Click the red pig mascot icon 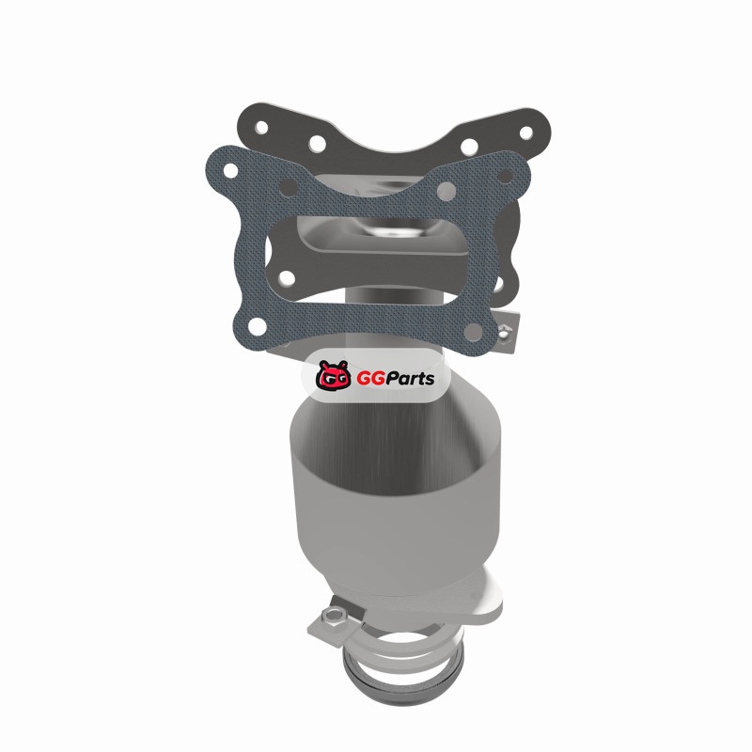tap(334, 375)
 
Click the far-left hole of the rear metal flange tap(262, 127)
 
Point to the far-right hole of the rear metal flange tap(526, 133)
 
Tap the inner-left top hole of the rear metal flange tap(317, 143)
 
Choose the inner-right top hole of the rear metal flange tap(469, 145)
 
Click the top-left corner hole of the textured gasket tap(230, 170)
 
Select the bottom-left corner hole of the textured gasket tap(258, 326)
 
